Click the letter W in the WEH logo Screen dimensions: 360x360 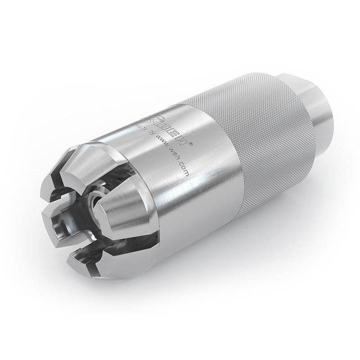point(159,122)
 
